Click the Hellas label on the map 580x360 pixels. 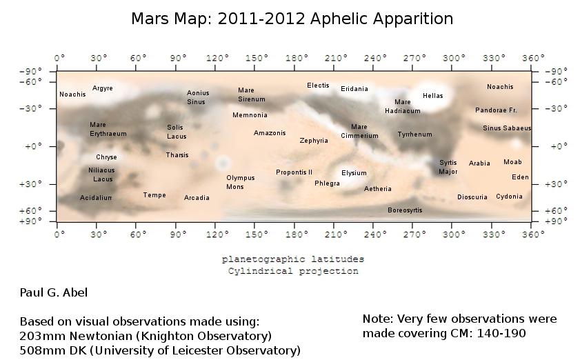(x=433, y=96)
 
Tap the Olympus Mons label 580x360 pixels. (x=241, y=182)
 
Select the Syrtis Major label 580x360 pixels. (x=448, y=167)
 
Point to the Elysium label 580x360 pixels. (x=354, y=173)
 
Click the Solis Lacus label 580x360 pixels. (x=177, y=132)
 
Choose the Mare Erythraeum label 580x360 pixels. (x=108, y=129)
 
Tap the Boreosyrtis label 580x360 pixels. (x=405, y=210)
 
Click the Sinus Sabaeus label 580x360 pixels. (x=507, y=128)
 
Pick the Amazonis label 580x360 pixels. (x=270, y=133)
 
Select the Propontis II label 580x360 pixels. (x=294, y=172)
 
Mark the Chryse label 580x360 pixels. (x=106, y=157)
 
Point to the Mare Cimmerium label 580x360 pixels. (x=359, y=131)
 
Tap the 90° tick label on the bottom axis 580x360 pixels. (x=179, y=234)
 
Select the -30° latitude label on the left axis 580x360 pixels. (x=31, y=108)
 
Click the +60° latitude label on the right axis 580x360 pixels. (x=556, y=211)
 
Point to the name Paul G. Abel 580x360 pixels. (x=54, y=292)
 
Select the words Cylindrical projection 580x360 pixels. (x=293, y=271)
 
